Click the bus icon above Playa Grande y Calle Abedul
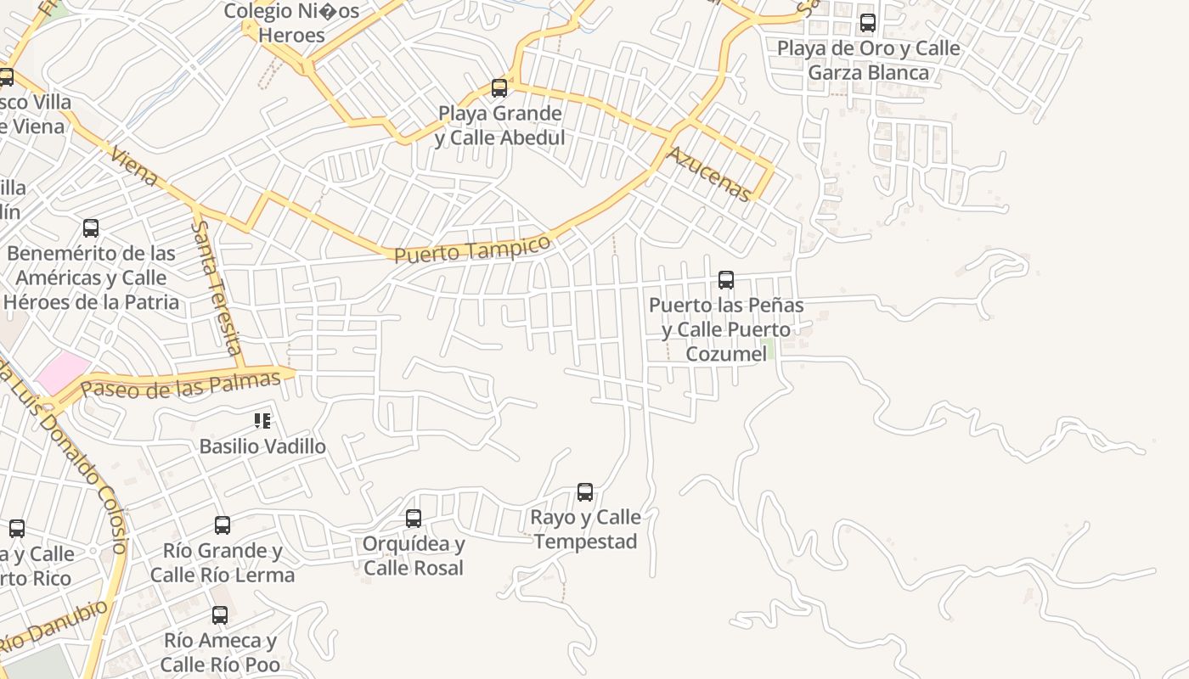point(499,87)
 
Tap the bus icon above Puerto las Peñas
point(726,279)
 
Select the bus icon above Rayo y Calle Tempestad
point(585,491)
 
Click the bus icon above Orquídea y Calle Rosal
point(414,518)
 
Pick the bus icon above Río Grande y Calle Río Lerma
point(223,525)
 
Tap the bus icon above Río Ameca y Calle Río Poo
point(220,614)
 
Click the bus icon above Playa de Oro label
point(868,23)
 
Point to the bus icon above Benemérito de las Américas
point(91,227)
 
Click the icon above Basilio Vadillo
point(262,420)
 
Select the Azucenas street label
point(709,174)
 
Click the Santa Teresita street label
point(217,287)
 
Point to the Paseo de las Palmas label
point(180,385)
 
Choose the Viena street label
point(134,165)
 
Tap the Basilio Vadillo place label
point(262,446)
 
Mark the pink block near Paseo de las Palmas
point(63,372)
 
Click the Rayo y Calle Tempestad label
point(586,529)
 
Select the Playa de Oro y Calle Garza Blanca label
point(868,60)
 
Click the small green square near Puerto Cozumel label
point(767,348)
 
